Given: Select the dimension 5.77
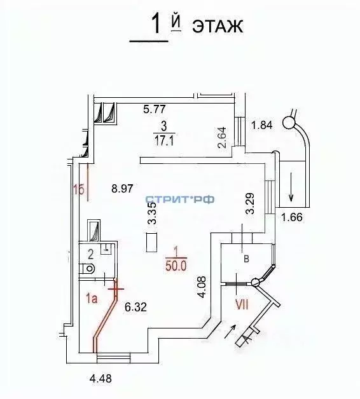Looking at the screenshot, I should pos(155,109).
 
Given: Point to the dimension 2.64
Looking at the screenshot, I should pos(221,137).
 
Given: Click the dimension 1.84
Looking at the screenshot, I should pos(262,125).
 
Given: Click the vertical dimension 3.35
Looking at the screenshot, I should pos(152,215).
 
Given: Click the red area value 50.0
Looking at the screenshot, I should pos(175,267).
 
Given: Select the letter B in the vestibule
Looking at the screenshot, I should pos(245,259).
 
